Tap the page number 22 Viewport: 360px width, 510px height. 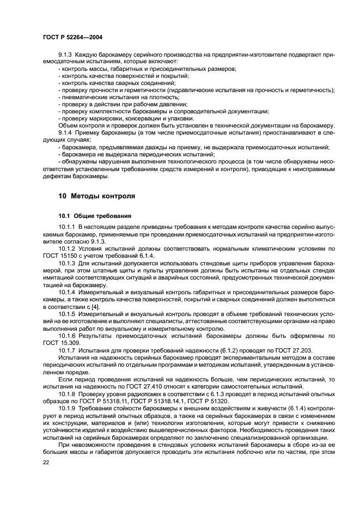[46, 462]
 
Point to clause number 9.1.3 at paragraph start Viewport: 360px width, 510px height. [66, 54]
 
